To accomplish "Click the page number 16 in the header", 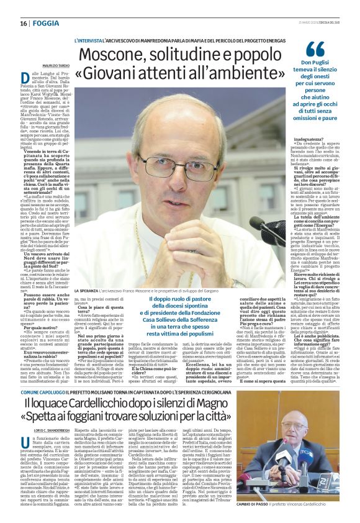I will (x=23, y=23).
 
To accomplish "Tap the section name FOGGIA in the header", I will (x=44, y=23).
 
